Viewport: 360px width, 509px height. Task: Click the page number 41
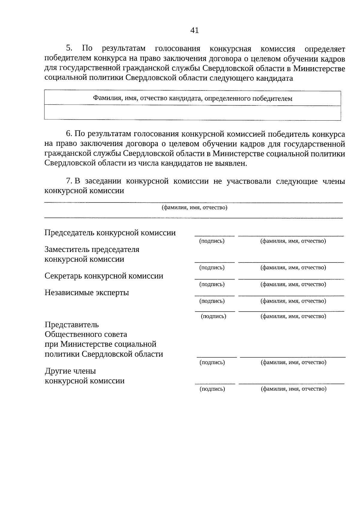click(x=194, y=30)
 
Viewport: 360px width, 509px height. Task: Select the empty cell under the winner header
click(x=192, y=113)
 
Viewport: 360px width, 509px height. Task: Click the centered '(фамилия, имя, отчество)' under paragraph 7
click(x=194, y=208)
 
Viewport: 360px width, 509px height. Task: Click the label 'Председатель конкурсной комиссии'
click(x=110, y=233)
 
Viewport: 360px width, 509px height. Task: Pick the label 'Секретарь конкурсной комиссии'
click(x=104, y=276)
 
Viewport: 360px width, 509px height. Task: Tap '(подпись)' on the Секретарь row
click(x=212, y=284)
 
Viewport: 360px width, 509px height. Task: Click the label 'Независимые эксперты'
click(x=87, y=292)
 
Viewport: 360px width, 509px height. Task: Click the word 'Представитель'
click(x=72, y=325)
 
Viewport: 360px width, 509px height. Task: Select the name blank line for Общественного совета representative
click(x=292, y=357)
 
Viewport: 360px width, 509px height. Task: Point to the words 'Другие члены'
click(x=70, y=371)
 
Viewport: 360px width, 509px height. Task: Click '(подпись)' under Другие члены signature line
click(x=212, y=389)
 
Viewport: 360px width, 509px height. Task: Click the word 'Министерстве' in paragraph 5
click(x=319, y=69)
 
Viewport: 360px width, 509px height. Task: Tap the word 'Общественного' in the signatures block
click(x=86, y=334)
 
